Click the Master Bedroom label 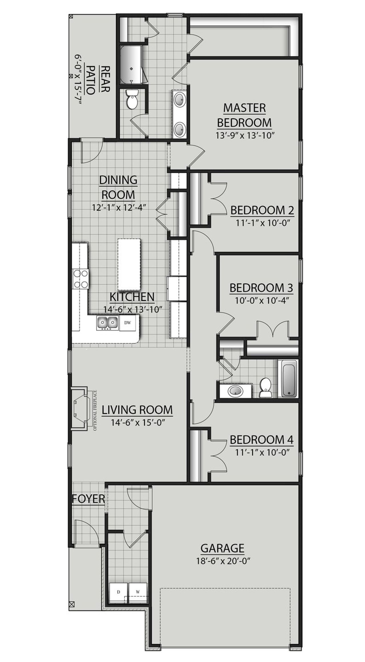pos(244,115)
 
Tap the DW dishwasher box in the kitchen pos(128,323)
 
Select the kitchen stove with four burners pos(80,279)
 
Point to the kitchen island pos(129,264)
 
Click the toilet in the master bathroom pos(132,99)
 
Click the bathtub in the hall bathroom pos(290,378)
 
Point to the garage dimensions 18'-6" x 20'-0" pos(223,561)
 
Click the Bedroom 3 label pos(261,288)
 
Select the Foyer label pos(88,499)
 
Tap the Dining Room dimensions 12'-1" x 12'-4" pos(119,207)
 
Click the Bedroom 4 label pos(261,440)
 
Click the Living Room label pos(137,410)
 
